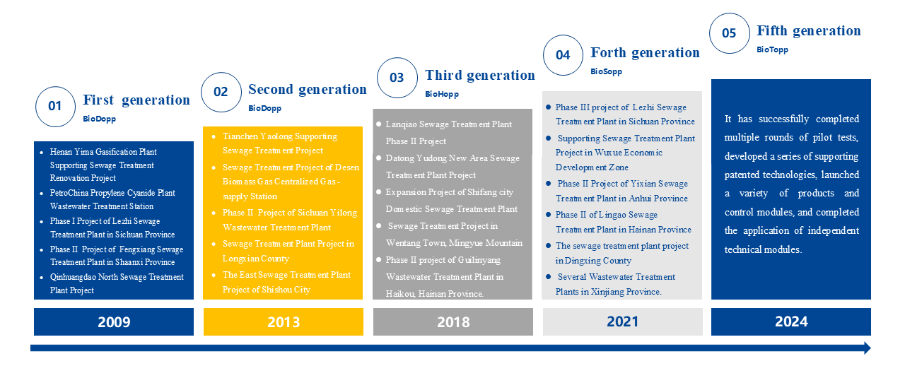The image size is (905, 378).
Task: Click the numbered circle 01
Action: (55, 107)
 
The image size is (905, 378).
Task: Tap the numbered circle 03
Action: (397, 78)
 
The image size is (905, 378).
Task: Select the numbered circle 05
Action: (729, 33)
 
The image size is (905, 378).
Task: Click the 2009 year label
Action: (114, 322)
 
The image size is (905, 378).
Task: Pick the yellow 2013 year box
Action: (284, 322)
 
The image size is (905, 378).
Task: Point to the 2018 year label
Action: (453, 322)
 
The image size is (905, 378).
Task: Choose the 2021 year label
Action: (623, 322)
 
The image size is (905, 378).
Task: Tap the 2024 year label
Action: (791, 322)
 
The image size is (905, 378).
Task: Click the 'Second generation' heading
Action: (308, 89)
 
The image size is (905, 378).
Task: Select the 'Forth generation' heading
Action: (646, 52)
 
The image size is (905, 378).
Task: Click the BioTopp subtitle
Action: (773, 49)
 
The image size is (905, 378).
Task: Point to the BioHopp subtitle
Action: (442, 94)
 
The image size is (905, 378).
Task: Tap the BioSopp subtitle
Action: (607, 71)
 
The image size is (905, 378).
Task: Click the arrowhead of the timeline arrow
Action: (868, 348)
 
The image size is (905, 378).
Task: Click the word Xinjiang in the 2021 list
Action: (607, 292)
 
